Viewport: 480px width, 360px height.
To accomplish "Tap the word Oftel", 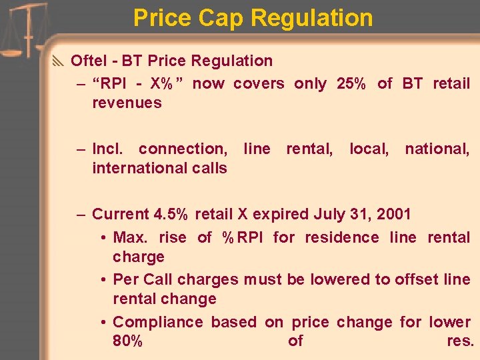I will coord(89,61).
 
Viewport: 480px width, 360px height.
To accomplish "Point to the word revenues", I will coord(127,103).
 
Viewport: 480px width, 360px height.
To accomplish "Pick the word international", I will coord(131,168).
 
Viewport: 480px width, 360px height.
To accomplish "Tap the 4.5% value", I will coord(171,214).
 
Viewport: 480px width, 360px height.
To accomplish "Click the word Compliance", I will coord(157,322).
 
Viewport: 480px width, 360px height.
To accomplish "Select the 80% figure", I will coord(128,341).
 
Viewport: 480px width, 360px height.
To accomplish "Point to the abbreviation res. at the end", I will coord(460,341).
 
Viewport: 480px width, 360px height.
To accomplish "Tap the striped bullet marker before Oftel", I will coord(58,61).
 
